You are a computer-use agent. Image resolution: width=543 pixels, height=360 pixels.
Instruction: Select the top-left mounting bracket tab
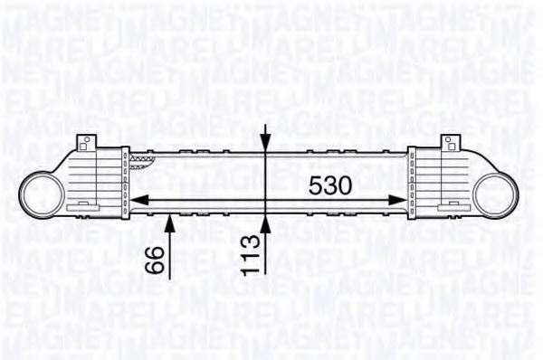pyautogui.click(x=86, y=141)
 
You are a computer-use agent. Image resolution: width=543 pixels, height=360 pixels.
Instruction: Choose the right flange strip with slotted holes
pyautogui.click(x=412, y=181)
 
